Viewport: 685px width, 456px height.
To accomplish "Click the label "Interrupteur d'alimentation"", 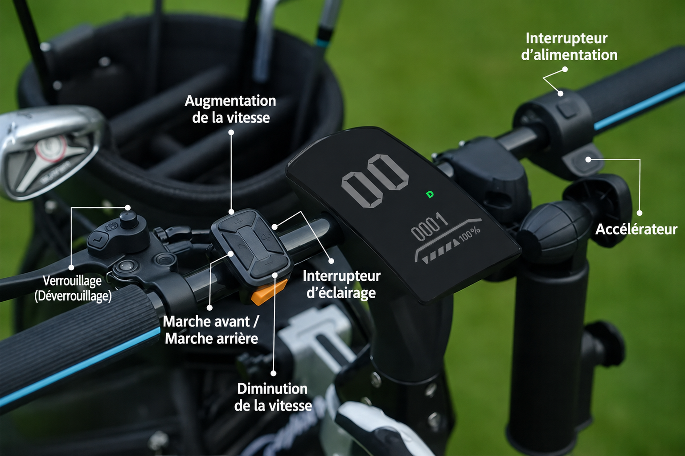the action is pyautogui.click(x=569, y=47).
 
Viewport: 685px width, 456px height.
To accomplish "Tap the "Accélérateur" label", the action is pyautogui.click(x=636, y=230).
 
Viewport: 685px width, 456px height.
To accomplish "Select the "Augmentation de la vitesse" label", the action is pyautogui.click(x=230, y=109).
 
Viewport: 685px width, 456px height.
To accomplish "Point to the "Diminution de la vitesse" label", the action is pyautogui.click(x=273, y=397).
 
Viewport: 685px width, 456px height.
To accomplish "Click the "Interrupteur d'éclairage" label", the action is pyautogui.click(x=341, y=284).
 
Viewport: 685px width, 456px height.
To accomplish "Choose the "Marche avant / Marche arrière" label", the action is pyautogui.click(x=211, y=330).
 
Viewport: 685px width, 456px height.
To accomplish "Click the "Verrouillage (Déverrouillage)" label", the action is pyautogui.click(x=73, y=288).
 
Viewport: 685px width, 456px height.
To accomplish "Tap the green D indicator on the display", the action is pyautogui.click(x=430, y=194).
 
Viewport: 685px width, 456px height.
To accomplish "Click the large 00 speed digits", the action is pyautogui.click(x=375, y=180).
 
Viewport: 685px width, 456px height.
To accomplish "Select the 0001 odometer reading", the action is pyautogui.click(x=429, y=227).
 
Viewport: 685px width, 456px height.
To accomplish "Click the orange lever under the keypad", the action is pyautogui.click(x=268, y=292).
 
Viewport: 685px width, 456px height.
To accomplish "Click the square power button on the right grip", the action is pyautogui.click(x=567, y=108).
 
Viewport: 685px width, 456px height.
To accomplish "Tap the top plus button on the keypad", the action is pyautogui.click(x=238, y=220).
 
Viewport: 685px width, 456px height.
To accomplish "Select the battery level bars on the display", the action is pyautogui.click(x=440, y=253).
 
